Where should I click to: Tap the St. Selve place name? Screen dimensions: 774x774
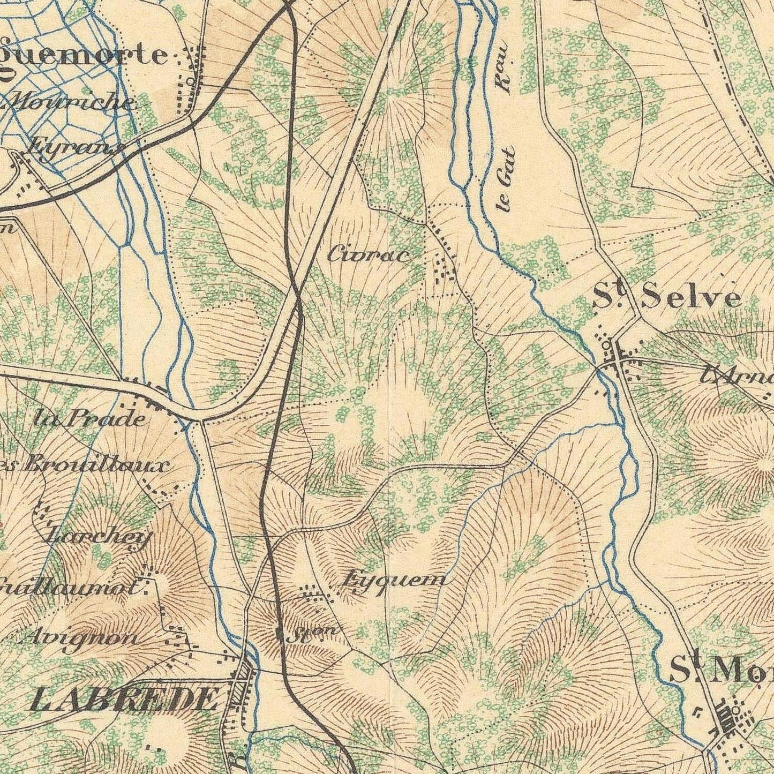[667, 298]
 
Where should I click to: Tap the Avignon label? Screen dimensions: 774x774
[83, 638]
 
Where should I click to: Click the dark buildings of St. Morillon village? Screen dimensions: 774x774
[728, 720]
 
